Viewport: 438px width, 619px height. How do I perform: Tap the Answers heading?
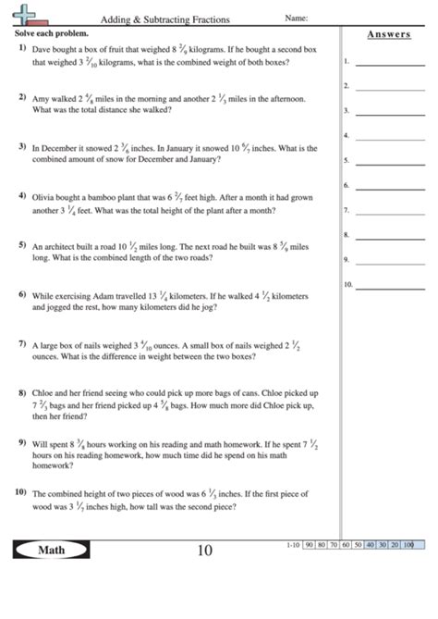389,34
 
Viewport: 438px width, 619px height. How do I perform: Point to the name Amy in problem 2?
41,97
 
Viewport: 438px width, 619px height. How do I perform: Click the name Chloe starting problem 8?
44,392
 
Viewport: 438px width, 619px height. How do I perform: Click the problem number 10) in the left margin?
19,492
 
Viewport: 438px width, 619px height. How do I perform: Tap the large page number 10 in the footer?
205,552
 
